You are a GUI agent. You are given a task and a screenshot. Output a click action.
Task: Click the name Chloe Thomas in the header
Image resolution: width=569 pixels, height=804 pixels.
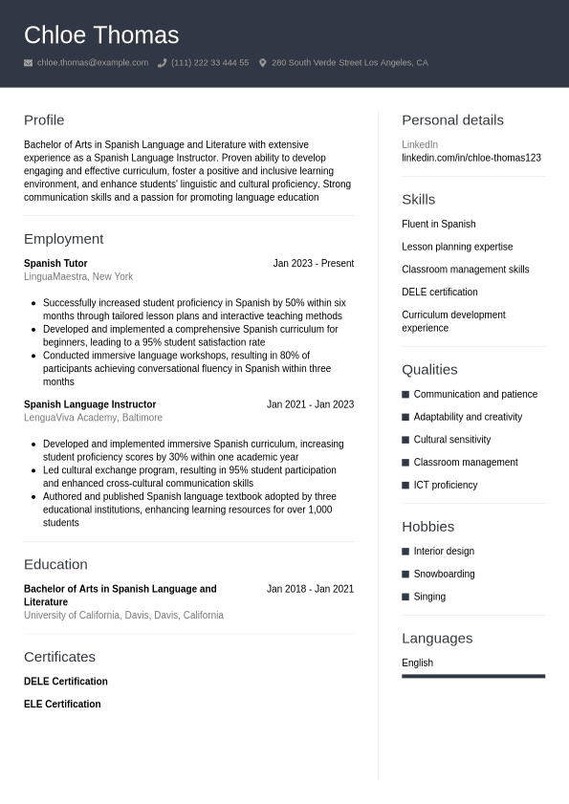coord(101,35)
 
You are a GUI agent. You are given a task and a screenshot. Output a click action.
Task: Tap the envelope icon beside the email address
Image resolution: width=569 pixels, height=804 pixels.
coord(29,63)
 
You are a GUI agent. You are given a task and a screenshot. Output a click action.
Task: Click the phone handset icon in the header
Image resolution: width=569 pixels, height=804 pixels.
coord(162,63)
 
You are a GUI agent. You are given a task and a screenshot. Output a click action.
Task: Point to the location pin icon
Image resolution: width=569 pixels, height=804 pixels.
coord(263,63)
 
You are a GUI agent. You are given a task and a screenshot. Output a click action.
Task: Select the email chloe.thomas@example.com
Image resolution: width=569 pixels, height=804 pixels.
coord(93,63)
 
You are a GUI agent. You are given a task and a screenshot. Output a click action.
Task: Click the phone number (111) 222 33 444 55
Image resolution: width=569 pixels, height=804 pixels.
coord(209,63)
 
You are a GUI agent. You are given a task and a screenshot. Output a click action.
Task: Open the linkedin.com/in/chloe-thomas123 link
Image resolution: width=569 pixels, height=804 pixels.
coord(471,158)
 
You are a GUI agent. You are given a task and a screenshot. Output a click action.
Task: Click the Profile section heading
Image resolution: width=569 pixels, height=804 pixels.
coord(44,120)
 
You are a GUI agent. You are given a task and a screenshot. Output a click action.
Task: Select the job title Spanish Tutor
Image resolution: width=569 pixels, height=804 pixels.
coord(55,264)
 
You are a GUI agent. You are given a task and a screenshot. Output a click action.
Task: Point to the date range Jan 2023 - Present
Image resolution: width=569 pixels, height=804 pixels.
coord(313,264)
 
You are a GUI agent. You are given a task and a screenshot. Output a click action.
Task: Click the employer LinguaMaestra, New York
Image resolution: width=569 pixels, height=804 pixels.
coord(78,277)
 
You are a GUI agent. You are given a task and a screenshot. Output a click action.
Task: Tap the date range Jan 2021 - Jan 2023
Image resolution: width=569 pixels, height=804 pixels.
coord(310,404)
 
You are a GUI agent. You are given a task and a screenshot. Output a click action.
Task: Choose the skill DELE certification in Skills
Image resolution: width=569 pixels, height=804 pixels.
coord(439,293)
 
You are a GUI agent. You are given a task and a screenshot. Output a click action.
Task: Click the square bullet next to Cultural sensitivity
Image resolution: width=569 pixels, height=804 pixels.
coord(405,440)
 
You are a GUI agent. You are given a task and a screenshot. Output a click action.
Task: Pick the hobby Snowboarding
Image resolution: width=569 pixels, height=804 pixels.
coord(444,575)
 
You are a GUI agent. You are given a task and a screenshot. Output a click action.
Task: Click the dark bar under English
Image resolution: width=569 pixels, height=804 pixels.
coord(472,676)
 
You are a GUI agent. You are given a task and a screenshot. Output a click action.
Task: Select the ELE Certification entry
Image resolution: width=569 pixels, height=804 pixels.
coord(62,705)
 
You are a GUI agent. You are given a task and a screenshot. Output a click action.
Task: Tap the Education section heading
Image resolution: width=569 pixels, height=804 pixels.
coord(55,565)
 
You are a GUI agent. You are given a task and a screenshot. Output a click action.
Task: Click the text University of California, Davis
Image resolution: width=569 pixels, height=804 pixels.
coord(123,616)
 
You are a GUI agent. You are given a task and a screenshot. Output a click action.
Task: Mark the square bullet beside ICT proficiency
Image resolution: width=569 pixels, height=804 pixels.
coord(405,486)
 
